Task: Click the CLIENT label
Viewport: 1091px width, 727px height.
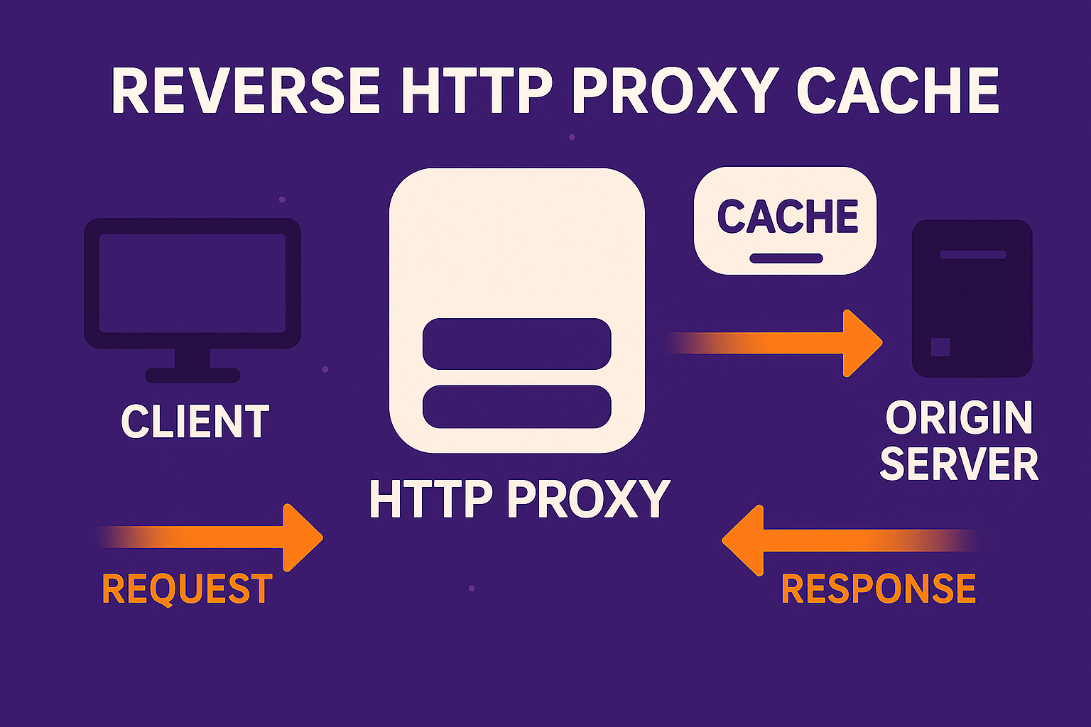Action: coord(195,422)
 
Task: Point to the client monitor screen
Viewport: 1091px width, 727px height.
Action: coord(192,283)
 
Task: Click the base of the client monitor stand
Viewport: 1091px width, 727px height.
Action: coord(192,375)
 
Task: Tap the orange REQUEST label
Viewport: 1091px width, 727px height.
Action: coord(187,589)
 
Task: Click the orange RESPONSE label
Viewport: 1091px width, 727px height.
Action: coord(879,589)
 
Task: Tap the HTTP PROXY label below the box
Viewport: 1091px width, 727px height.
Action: coord(519,498)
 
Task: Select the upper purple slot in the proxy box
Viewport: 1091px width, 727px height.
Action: coord(516,344)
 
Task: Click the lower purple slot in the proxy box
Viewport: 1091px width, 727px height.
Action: coord(516,407)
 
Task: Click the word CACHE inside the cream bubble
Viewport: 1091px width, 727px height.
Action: coord(787,217)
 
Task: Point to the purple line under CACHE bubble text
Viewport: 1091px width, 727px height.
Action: coord(786,258)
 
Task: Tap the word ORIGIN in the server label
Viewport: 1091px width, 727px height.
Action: coord(959,418)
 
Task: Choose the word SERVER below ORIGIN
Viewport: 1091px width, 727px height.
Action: coord(959,464)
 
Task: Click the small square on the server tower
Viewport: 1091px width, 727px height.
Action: coord(940,346)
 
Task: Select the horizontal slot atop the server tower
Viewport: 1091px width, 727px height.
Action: coord(972,254)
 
